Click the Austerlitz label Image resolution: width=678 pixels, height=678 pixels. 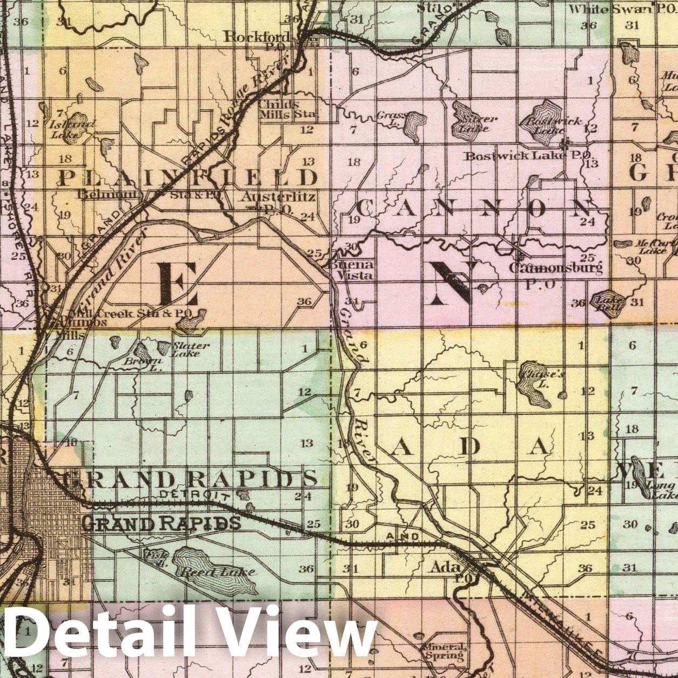[278, 197]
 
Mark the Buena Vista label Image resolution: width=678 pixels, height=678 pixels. [351, 269]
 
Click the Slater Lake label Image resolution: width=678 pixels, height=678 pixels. [190, 349]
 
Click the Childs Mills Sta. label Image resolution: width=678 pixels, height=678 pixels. [286, 109]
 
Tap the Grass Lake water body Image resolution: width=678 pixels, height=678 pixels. [414, 124]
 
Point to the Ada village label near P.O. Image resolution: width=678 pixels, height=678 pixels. [445, 567]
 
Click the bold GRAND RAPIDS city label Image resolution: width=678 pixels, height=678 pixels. [162, 522]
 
